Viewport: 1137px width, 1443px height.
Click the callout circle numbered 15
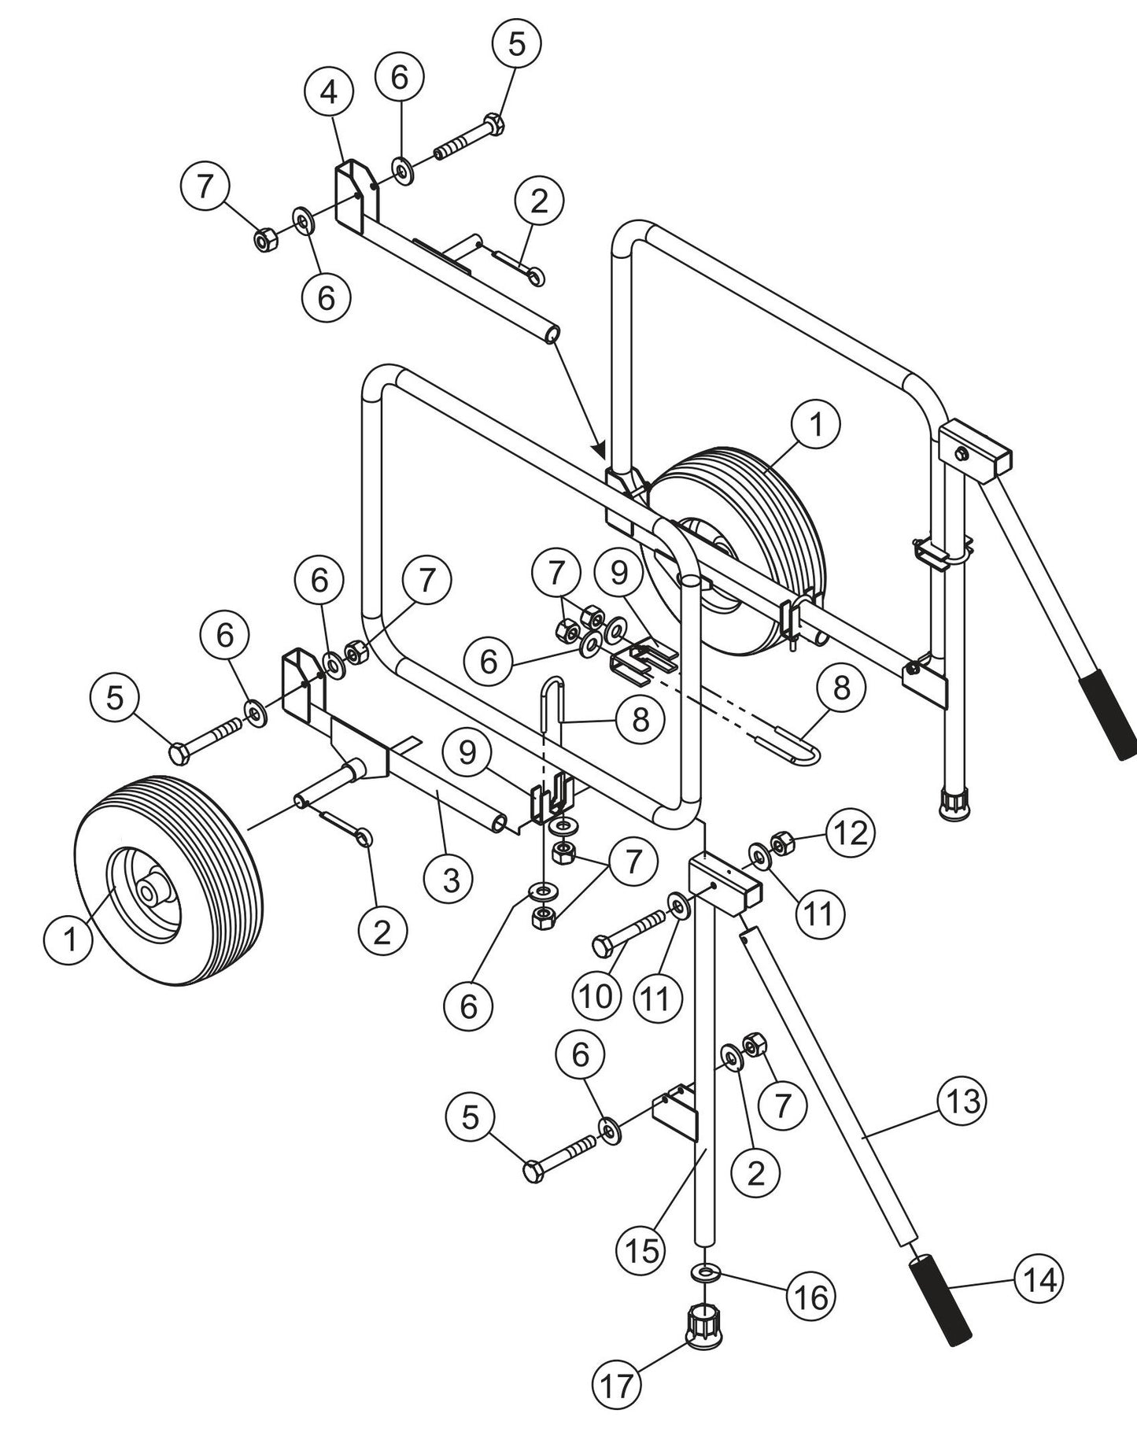point(641,1250)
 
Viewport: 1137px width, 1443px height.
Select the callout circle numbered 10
point(596,996)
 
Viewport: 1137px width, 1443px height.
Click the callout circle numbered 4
point(329,94)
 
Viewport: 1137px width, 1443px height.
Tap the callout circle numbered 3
point(450,880)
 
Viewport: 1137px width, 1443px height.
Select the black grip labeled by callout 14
point(941,1299)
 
